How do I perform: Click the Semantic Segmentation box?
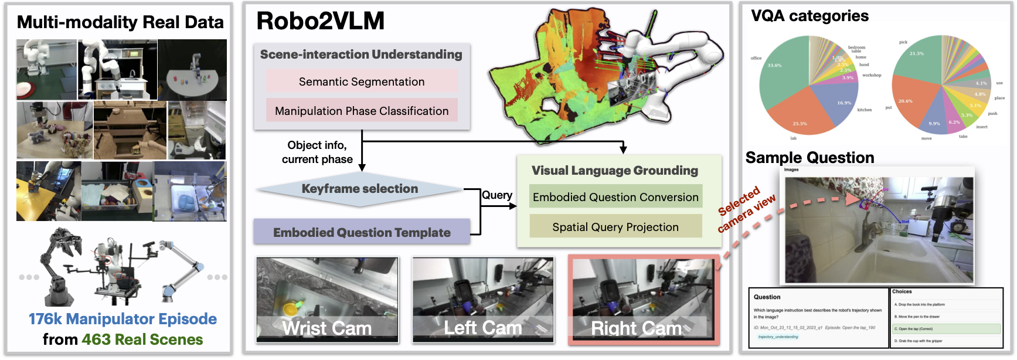pyautogui.click(x=362, y=81)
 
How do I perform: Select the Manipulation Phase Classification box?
pyautogui.click(x=362, y=111)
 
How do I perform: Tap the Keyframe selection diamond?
pyautogui.click(x=359, y=189)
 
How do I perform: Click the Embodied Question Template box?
pyautogui.click(x=362, y=232)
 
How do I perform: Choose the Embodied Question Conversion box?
pyautogui.click(x=615, y=197)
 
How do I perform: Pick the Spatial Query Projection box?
pyautogui.click(x=615, y=227)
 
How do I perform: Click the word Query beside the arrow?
pyautogui.click(x=497, y=195)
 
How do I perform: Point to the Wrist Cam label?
pyautogui.click(x=327, y=328)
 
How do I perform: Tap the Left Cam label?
pyautogui.click(x=483, y=328)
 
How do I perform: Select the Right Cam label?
pyautogui.click(x=637, y=328)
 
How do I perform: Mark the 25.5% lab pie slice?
pyautogui.click(x=803, y=117)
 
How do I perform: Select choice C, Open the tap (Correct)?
pyautogui.click(x=945, y=329)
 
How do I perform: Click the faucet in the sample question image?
pyautogui.click(x=866, y=232)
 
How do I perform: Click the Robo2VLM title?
pyautogui.click(x=321, y=22)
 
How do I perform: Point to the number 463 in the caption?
pyautogui.click(x=95, y=339)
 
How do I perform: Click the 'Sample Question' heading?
pyautogui.click(x=809, y=158)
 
